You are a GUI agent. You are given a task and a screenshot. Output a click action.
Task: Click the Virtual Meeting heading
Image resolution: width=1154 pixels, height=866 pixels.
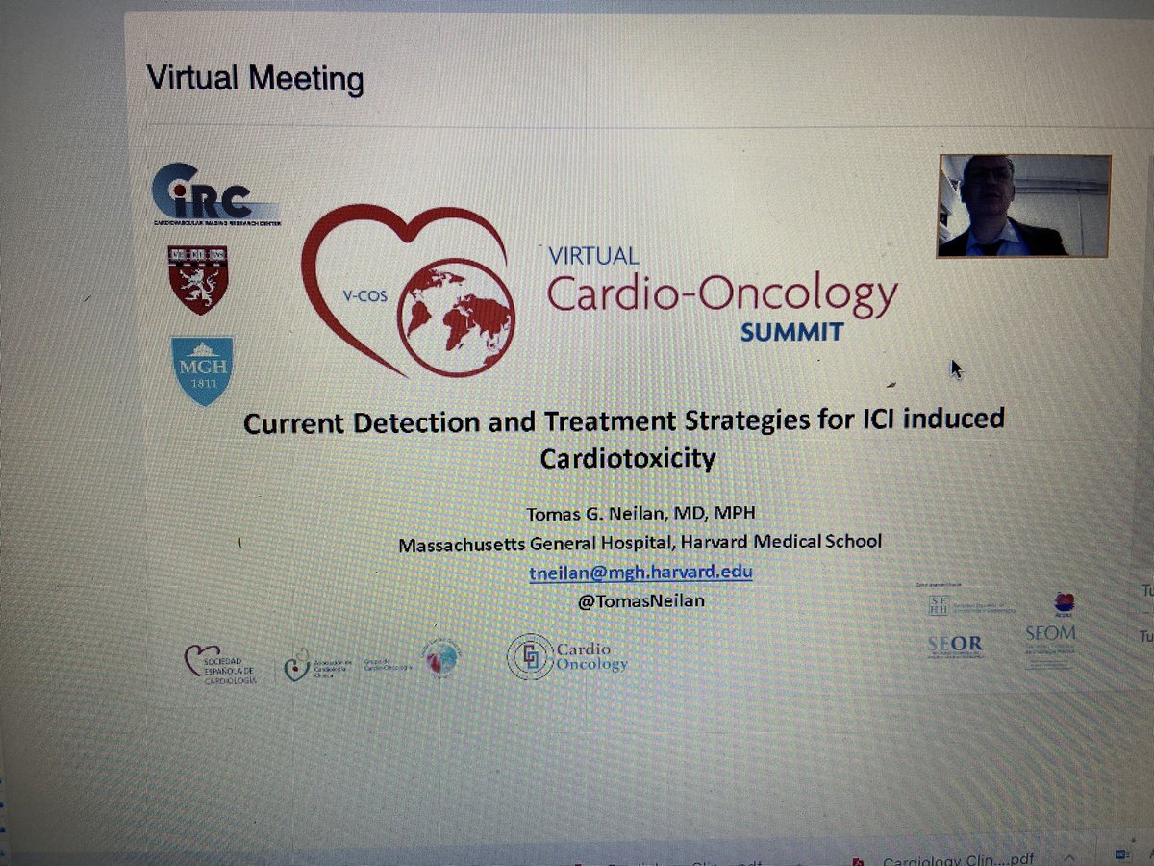pyautogui.click(x=255, y=77)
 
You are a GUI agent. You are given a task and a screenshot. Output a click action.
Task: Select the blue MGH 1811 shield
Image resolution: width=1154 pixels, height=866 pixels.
pyautogui.click(x=202, y=369)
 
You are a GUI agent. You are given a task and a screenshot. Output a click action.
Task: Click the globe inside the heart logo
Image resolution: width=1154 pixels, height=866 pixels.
pyautogui.click(x=456, y=318)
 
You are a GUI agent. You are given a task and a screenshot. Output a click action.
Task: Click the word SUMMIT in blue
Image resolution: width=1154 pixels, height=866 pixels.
pyautogui.click(x=791, y=331)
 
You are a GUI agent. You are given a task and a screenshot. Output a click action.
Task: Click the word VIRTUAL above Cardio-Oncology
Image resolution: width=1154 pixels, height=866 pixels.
pyautogui.click(x=592, y=256)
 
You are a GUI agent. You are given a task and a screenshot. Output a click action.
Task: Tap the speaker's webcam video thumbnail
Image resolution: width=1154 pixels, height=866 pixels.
pyautogui.click(x=1023, y=206)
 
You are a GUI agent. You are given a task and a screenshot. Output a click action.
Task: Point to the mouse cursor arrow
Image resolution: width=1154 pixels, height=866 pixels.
pyautogui.click(x=956, y=369)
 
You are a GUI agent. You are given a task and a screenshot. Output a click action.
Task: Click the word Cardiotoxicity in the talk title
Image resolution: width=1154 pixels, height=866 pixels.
pyautogui.click(x=627, y=459)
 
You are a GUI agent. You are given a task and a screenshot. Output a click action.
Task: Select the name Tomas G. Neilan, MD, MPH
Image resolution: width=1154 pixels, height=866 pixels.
pyautogui.click(x=640, y=512)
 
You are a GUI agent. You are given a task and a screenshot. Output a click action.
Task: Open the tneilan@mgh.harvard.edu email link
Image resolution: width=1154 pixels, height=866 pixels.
pyautogui.click(x=640, y=572)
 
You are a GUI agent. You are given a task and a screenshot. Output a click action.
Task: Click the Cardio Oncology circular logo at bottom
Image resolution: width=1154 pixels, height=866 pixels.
pyautogui.click(x=567, y=656)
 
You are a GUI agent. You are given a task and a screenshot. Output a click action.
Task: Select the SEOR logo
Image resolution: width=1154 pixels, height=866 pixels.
pyautogui.click(x=955, y=644)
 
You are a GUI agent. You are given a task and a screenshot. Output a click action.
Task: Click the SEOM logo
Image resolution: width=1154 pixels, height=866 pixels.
pyautogui.click(x=1050, y=634)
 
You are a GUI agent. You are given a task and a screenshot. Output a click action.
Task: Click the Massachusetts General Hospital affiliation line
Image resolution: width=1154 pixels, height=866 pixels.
pyautogui.click(x=640, y=543)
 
